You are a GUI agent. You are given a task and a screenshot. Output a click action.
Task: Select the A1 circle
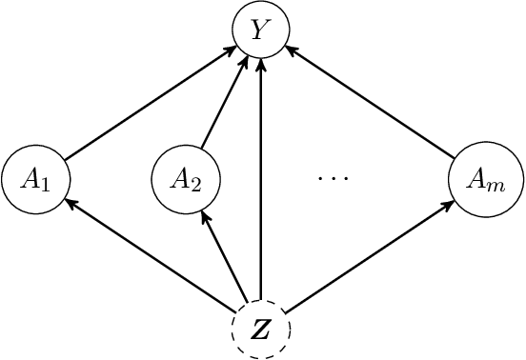tap(34, 179)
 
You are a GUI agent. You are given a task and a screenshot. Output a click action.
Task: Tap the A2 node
tap(187, 179)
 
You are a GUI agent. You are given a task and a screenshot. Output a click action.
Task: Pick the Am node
tap(481, 179)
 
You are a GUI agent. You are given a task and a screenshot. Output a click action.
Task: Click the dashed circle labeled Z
tap(261, 330)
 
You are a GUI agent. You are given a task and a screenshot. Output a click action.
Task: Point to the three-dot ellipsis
tap(333, 178)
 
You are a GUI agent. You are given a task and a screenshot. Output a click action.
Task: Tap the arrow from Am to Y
tap(372, 103)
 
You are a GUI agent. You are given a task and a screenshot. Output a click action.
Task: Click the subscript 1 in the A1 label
tap(44, 184)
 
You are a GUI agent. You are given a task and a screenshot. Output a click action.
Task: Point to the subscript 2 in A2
tap(196, 184)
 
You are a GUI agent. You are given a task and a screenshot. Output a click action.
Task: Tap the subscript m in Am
tap(493, 184)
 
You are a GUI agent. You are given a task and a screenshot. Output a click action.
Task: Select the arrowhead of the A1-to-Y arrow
tap(229, 51)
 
